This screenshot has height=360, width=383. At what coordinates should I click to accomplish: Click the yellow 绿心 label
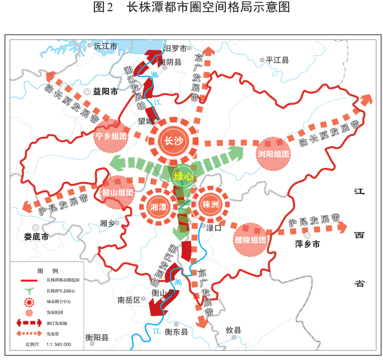click(x=184, y=176)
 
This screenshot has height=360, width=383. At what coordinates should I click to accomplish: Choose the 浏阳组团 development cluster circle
click(x=273, y=154)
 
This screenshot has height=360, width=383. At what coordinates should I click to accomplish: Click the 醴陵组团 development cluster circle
click(x=250, y=240)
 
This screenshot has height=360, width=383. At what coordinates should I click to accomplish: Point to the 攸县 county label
click(x=233, y=331)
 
